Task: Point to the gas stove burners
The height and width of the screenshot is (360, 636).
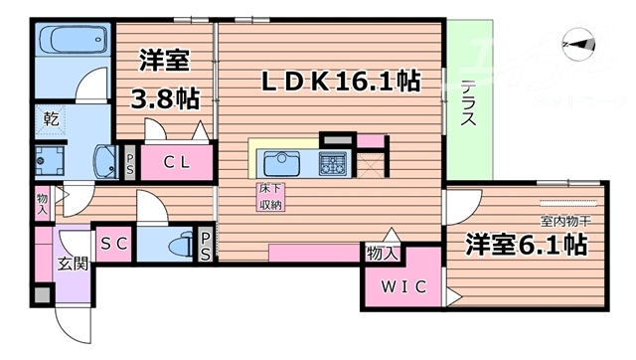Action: pyautogui.click(x=331, y=161)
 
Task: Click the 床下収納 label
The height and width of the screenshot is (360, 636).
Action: pyautogui.click(x=269, y=197)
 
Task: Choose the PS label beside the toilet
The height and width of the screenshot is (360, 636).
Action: pyautogui.click(x=206, y=246)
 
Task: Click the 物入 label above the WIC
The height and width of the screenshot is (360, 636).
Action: pyautogui.click(x=384, y=254)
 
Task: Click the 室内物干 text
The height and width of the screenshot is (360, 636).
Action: pyautogui.click(x=565, y=220)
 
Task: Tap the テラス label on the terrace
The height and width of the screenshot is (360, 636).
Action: pyautogui.click(x=468, y=102)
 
